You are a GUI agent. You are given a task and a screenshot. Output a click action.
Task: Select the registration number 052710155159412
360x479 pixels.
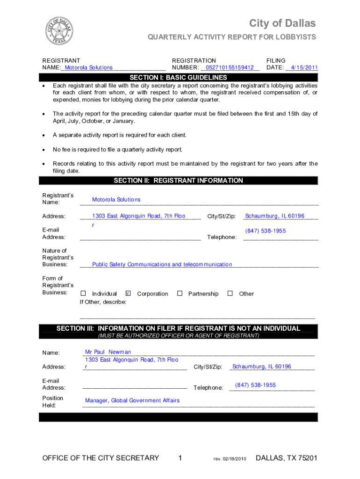[229, 68]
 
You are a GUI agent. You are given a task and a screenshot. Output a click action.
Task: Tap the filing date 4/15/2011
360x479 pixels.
[303, 68]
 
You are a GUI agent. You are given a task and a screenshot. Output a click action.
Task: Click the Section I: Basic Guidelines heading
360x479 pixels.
[178, 78]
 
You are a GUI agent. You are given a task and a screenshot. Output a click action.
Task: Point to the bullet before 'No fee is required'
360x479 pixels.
[43, 150]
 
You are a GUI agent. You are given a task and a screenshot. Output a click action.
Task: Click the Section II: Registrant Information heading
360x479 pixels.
[178, 181]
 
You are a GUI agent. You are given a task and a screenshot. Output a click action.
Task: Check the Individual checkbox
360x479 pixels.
[83, 294]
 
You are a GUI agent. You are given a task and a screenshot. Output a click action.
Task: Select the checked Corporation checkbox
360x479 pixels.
[128, 294]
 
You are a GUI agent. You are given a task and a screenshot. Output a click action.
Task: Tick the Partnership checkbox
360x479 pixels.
[180, 294]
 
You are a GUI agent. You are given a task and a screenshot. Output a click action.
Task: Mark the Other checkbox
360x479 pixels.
[230, 294]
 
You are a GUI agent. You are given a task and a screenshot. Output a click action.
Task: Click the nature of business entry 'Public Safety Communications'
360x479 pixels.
[162, 265]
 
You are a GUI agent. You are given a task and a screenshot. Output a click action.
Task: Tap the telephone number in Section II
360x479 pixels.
[266, 231]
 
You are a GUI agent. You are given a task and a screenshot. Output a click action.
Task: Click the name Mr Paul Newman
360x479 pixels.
[108, 352]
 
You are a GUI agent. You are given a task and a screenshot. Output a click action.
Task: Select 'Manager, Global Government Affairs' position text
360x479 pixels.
[132, 400]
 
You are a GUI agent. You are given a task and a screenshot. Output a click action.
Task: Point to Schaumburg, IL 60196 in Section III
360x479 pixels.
[262, 367]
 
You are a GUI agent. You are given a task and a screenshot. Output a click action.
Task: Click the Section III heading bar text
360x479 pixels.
[178, 328]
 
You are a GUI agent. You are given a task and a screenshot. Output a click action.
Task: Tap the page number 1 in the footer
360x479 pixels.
[180, 458]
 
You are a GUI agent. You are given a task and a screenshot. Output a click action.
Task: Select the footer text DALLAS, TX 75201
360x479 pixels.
[287, 458]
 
